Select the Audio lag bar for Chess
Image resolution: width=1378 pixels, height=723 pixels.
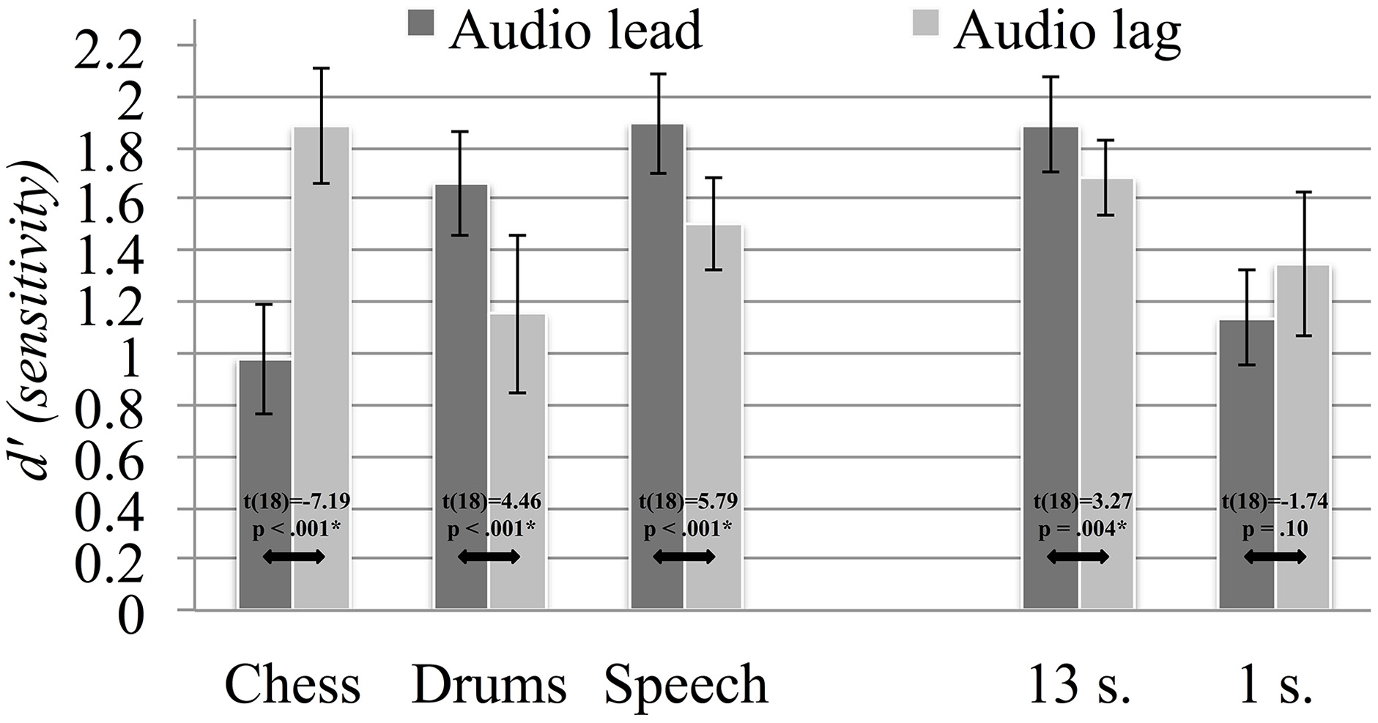[321, 366]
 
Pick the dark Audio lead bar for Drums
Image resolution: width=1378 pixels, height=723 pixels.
[461, 396]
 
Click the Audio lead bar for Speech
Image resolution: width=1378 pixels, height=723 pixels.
[657, 366]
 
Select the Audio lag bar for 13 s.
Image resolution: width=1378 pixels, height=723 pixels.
[1106, 396]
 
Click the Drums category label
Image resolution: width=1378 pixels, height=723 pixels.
[489, 685]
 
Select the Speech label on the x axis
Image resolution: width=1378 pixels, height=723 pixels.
[686, 685]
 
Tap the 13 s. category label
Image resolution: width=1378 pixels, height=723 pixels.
[1080, 685]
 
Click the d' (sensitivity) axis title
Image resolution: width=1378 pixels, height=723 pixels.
[37, 322]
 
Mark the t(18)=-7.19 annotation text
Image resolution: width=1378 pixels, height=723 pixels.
[296, 503]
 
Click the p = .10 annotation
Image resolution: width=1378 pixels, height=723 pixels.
[1275, 529]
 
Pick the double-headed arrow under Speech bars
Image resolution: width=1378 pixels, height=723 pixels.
[684, 557]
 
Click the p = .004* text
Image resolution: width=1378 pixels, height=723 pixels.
[1082, 529]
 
